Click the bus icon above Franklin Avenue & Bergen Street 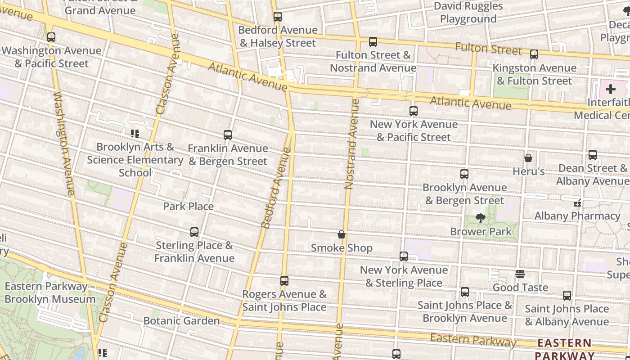(x=228, y=135)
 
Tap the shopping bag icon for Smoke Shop (x=342, y=234)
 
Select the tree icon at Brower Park (x=481, y=219)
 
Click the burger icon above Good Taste (x=520, y=274)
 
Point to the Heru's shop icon (x=528, y=158)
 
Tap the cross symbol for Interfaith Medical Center (x=610, y=89)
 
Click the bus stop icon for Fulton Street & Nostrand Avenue (x=373, y=42)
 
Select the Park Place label (x=188, y=206)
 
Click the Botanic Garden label (x=181, y=321)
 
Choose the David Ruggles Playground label (x=468, y=13)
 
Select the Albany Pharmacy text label (x=577, y=216)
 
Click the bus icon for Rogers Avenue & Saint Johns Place (x=284, y=281)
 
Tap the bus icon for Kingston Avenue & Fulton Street (x=534, y=54)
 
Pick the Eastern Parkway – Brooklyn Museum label (x=49, y=292)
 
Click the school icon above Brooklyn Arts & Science (x=135, y=133)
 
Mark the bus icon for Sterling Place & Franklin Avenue (x=194, y=232)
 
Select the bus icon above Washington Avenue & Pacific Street (x=51, y=37)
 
